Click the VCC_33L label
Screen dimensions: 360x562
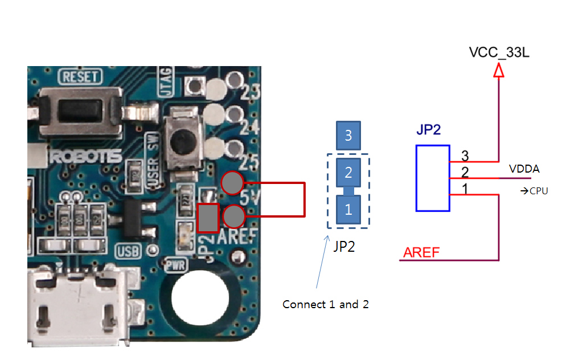coord(499,52)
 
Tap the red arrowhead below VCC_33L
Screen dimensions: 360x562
coord(499,70)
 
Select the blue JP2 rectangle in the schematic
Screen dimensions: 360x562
coord(432,178)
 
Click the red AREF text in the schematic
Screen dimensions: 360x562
coord(421,252)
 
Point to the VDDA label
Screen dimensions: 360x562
coord(524,169)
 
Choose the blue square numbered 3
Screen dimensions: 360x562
coord(348,136)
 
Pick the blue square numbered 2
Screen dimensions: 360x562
coord(348,171)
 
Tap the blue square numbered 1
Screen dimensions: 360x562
coord(348,209)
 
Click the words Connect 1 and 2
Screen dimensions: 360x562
coord(326,304)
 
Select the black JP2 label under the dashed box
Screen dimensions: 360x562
coord(344,247)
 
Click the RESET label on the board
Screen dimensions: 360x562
coord(80,77)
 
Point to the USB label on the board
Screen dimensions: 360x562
coord(126,251)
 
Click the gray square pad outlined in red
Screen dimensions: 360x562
coord(208,217)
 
